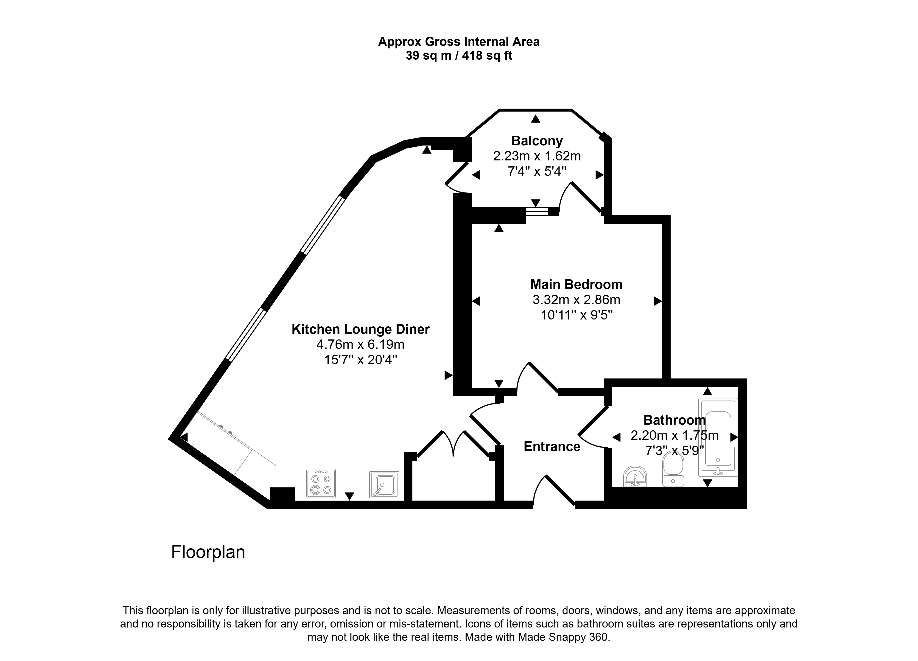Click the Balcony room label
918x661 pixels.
tap(537, 141)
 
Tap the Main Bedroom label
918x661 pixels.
tap(576, 285)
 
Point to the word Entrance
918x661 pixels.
tap(552, 446)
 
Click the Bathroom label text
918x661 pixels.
tap(675, 420)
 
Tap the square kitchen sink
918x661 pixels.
tap(384, 485)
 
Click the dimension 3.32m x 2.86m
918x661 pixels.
tap(576, 300)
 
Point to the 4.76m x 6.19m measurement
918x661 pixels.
tap(361, 345)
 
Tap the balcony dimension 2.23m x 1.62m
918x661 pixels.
tap(537, 156)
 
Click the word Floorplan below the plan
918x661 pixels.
tap(208, 552)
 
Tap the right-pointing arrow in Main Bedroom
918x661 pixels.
tap(658, 301)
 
